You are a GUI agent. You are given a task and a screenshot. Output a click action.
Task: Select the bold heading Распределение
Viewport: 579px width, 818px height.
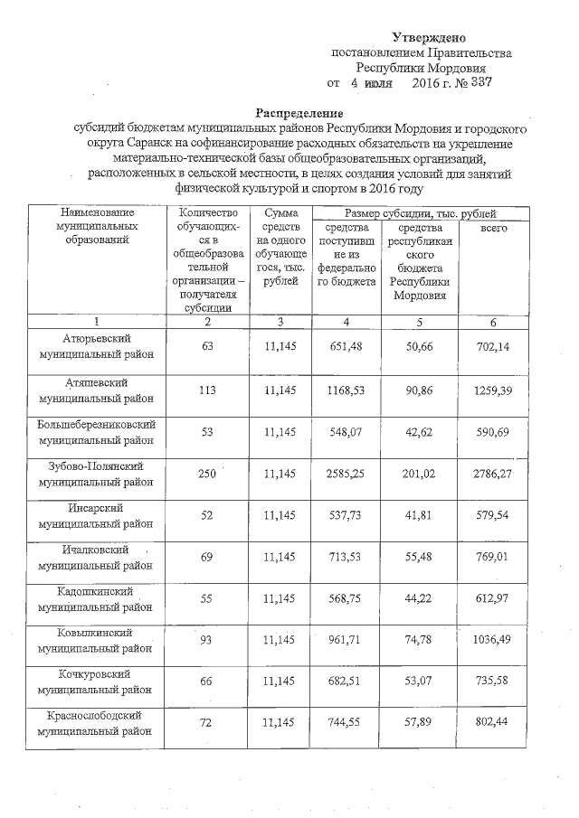299,113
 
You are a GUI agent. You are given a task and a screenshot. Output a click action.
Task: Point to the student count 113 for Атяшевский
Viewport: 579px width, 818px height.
207,390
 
